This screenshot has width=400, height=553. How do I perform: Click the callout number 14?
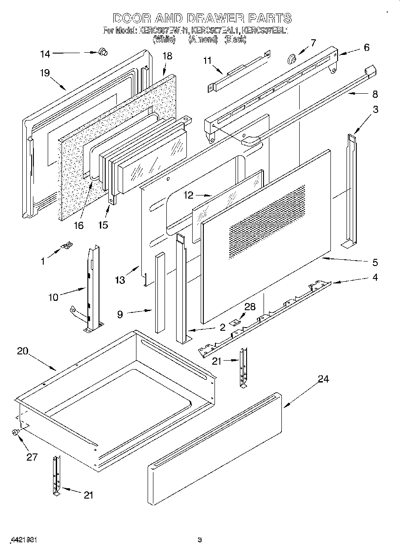(x=45, y=54)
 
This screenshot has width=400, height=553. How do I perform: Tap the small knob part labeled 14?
(x=103, y=52)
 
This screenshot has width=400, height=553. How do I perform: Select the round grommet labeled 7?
(x=292, y=58)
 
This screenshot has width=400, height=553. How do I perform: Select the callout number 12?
(x=189, y=195)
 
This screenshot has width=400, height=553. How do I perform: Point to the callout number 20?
(x=23, y=351)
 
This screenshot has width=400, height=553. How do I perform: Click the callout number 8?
(x=375, y=94)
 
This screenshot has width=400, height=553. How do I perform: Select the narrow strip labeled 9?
(x=160, y=292)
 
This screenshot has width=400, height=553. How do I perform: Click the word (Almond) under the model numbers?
(x=202, y=40)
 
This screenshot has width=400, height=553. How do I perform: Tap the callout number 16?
(x=78, y=225)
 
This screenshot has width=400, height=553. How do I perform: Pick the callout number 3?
(x=375, y=109)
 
